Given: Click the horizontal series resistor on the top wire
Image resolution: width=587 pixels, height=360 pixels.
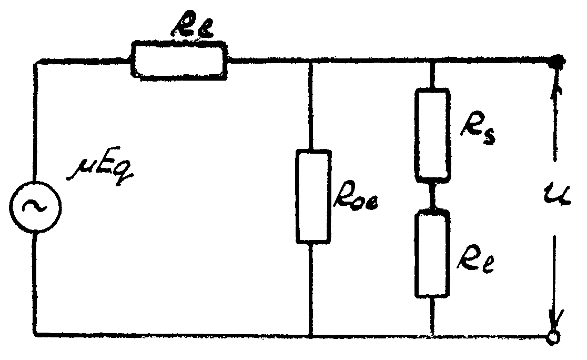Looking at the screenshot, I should point(179,62).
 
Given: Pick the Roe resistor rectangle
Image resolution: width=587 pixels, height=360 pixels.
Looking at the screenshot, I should point(314,196).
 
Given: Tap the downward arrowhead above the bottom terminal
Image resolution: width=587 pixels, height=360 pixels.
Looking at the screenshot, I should point(554,318).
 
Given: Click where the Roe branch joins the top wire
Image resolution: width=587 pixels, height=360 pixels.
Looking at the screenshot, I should point(312,62).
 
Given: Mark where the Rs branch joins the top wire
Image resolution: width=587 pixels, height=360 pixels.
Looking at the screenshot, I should point(432,62).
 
